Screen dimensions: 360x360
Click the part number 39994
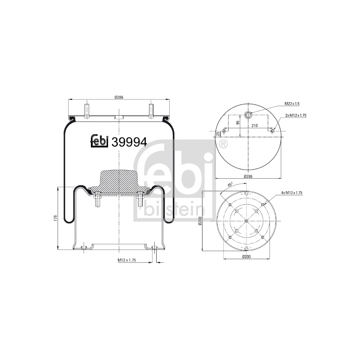(129, 142)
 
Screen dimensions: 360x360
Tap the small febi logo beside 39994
(99, 141)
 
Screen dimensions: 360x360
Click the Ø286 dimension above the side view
(119, 97)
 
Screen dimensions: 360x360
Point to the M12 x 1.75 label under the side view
(127, 260)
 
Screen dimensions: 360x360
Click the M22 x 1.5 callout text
(292, 104)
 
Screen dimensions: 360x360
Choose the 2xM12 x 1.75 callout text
(296, 116)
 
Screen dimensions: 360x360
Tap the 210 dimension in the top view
(255, 126)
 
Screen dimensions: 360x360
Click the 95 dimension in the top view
(238, 122)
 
